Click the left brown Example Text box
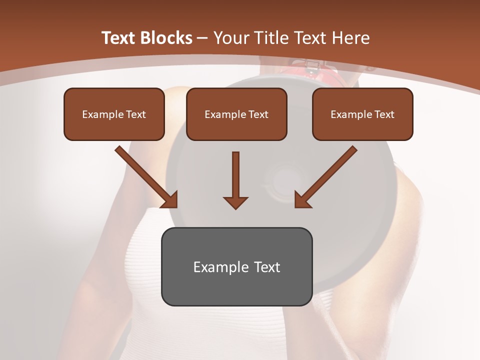[x=114, y=114]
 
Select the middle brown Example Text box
[x=236, y=114]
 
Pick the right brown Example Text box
[x=362, y=114]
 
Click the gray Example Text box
[x=236, y=266]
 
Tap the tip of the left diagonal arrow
[x=176, y=206]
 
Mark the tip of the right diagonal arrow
[x=295, y=206]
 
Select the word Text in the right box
[x=384, y=114]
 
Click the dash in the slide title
[x=202, y=38]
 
